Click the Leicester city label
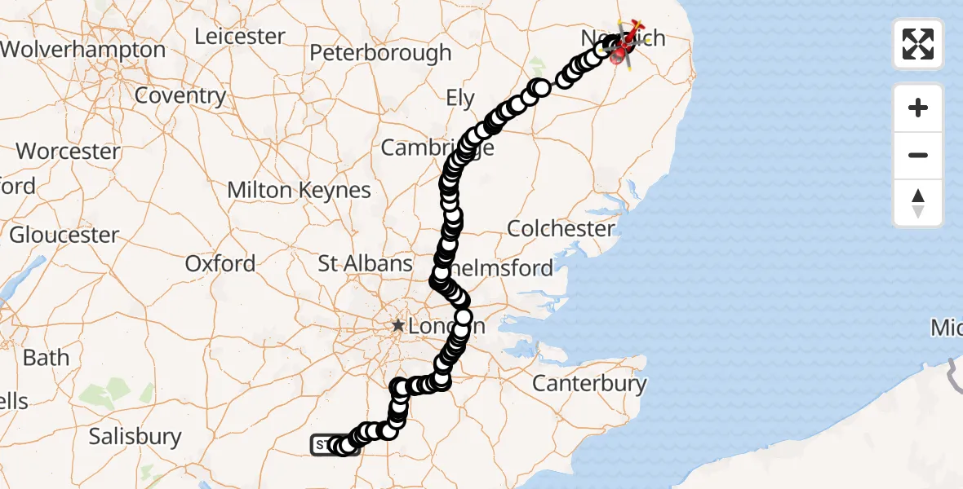[x=240, y=37]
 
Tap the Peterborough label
[x=380, y=53]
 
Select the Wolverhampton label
[x=82, y=50]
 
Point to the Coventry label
[x=180, y=95]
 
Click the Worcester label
[x=69, y=152]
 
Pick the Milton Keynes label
[x=299, y=191]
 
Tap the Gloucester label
[x=64, y=236]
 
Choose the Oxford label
[x=220, y=264]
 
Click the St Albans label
[x=365, y=264]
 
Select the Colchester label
[x=561, y=228]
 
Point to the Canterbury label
[x=589, y=383]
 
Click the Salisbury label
[x=135, y=437]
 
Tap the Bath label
[x=47, y=358]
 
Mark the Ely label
[x=460, y=99]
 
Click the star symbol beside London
[x=397, y=326]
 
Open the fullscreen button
[x=918, y=44]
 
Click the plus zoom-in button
[x=918, y=108]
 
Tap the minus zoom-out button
[x=918, y=155]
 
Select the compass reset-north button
[x=918, y=203]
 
